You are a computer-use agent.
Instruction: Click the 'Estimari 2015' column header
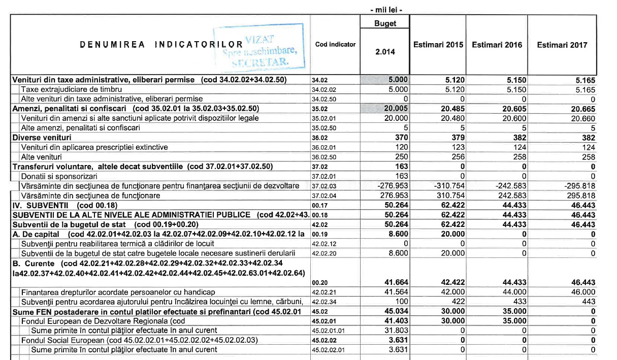(x=438, y=45)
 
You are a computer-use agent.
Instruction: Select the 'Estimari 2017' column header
(x=562, y=45)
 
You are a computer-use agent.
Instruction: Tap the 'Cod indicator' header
(x=335, y=45)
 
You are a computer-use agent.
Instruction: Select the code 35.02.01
(x=324, y=118)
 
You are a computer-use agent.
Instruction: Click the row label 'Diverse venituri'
(x=42, y=138)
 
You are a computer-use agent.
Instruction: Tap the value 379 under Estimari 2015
(x=458, y=138)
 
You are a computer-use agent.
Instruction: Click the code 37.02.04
(x=324, y=195)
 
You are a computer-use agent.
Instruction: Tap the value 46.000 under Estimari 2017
(x=581, y=292)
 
